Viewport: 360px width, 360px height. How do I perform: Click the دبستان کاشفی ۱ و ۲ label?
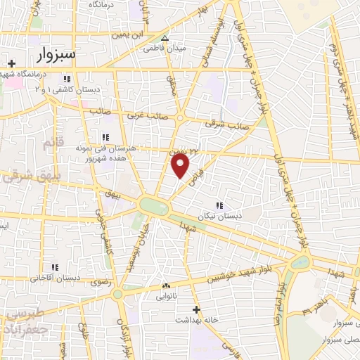pyautogui.click(x=69, y=90)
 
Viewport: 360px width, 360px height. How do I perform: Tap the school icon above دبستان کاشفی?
pyautogui.click(x=67, y=79)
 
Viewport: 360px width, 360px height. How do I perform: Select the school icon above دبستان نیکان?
pyautogui.click(x=220, y=205)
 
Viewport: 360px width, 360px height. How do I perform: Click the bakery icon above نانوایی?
pyautogui.click(x=166, y=286)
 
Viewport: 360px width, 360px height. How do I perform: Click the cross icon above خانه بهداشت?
pyautogui.click(x=197, y=309)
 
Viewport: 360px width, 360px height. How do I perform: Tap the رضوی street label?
pyautogui.click(x=98, y=282)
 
